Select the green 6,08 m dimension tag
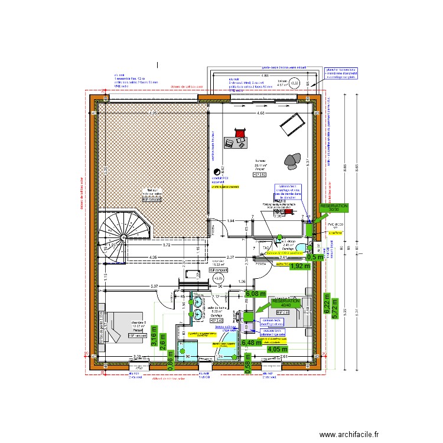coord(256,294)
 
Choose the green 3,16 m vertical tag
coord(154,335)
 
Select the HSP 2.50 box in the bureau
coord(260,175)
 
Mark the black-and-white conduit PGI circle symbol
coord(216,172)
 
